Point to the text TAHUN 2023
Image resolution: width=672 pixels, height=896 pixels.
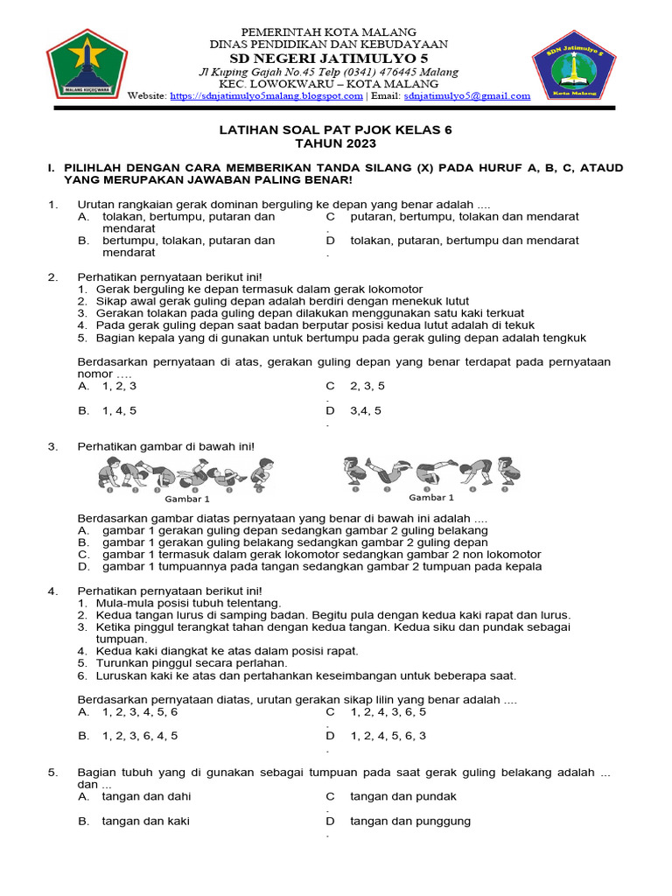pyautogui.click(x=335, y=143)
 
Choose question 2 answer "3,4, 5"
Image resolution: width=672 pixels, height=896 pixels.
pyautogui.click(x=366, y=410)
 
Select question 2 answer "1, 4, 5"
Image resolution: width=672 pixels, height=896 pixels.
pyautogui.click(x=119, y=410)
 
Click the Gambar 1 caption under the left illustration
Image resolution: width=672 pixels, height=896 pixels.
pyautogui.click(x=187, y=499)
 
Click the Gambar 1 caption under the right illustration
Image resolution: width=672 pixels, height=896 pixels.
pyautogui.click(x=431, y=497)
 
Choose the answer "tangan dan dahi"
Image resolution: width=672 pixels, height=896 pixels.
pyautogui.click(x=146, y=796)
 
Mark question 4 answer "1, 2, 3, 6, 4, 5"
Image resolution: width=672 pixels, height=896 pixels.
pyautogui.click(x=140, y=736)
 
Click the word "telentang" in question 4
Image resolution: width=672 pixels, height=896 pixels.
pyautogui.click(x=254, y=603)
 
